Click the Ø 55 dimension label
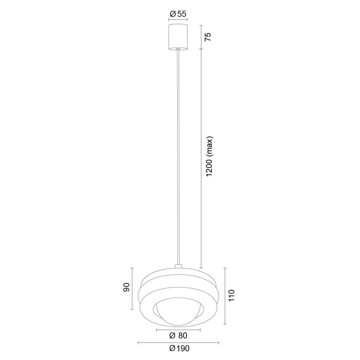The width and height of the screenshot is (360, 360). [x=178, y=14]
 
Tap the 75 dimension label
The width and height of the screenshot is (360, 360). [x=207, y=37]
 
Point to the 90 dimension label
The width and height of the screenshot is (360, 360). [x=127, y=287]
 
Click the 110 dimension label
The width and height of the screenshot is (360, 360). [x=231, y=295]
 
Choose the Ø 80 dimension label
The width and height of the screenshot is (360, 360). [x=178, y=336]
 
